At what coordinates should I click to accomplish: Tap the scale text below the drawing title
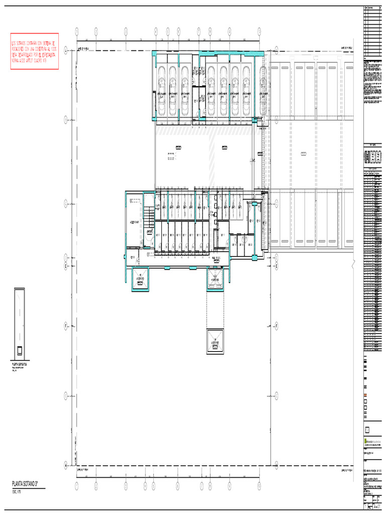[x=17, y=491]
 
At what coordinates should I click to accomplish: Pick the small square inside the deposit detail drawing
[x=20, y=350]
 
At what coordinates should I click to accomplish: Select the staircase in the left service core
[x=149, y=219]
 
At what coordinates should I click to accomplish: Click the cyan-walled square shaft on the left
[x=140, y=279]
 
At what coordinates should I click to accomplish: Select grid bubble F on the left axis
[x=65, y=326]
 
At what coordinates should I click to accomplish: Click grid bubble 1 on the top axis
[x=76, y=31]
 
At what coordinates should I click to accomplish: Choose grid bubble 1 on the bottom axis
[x=76, y=486]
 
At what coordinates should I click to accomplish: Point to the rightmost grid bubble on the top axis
[x=259, y=31]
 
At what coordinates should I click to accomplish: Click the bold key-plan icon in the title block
[x=372, y=158]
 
